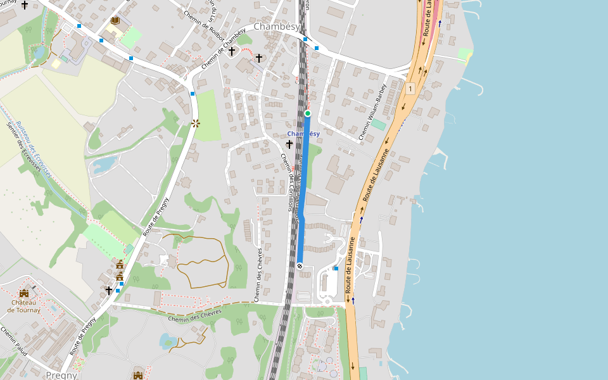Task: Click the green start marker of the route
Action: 308,113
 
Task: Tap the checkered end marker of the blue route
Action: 300,266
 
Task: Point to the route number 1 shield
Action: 410,89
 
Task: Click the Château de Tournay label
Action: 24,306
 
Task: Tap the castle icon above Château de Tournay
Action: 24,293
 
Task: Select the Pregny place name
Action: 61,375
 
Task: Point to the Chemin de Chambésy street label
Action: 223,49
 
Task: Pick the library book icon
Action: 115,21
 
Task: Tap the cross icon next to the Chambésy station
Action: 289,144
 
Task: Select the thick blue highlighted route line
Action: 303,190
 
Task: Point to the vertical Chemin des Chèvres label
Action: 258,274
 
